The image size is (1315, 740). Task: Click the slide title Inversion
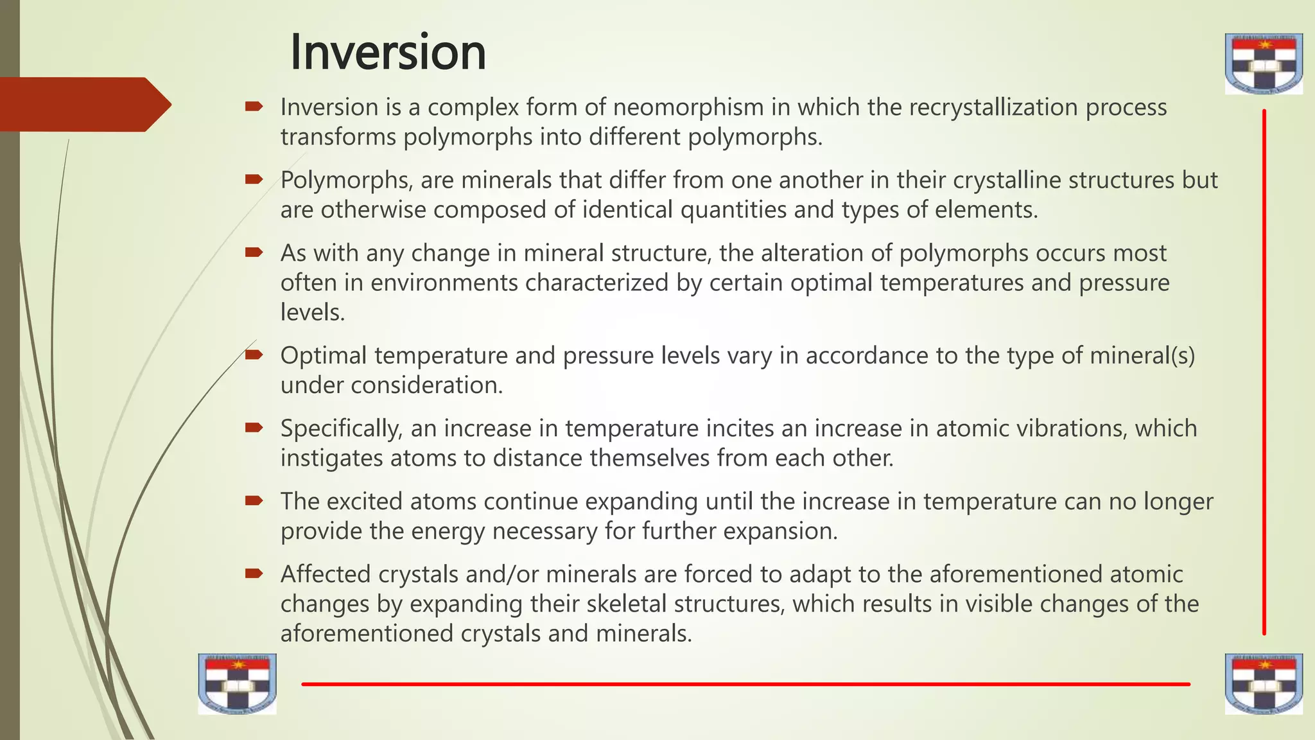coord(388,52)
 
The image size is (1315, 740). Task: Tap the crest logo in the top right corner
coord(1264,64)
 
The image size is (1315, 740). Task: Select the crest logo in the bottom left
coord(237,684)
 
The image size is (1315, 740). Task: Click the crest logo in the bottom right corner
coord(1264,684)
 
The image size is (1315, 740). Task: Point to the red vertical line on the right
coord(1264,373)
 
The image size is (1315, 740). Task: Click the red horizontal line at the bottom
coord(745,684)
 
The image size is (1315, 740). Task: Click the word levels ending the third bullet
coord(313,312)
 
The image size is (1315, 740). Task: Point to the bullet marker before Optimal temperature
coord(254,355)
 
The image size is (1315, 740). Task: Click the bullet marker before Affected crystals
coord(254,573)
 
